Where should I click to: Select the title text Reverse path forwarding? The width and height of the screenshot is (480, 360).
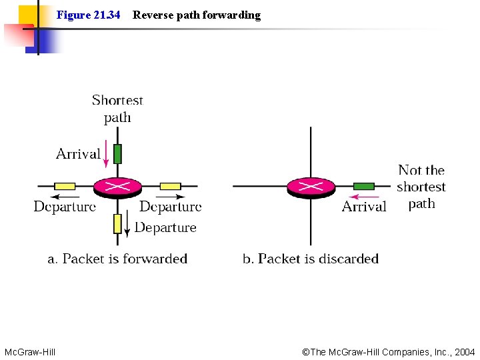pos(197,15)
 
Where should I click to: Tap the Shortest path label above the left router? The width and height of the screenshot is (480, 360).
pos(117,109)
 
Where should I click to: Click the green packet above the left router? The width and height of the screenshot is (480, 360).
pos(117,154)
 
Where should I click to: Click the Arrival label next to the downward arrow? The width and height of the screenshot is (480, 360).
pos(78,154)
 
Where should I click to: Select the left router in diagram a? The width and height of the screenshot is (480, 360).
pos(117,187)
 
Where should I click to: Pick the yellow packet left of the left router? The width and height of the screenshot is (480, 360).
pos(65,186)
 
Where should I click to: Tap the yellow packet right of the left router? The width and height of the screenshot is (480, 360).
pos(171,186)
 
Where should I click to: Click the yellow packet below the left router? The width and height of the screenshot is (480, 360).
pos(117,223)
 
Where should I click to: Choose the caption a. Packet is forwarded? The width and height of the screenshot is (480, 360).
pos(117,259)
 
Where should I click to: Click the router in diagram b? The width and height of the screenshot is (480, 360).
pos(311,187)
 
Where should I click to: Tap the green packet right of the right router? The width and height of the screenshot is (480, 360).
pos(364,186)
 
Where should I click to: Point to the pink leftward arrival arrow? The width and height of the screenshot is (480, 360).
pos(365,197)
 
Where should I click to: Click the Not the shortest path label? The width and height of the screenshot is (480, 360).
pos(421,187)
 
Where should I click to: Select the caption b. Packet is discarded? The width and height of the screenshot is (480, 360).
pos(311,259)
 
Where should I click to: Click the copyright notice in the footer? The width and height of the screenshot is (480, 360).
pos(389,351)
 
